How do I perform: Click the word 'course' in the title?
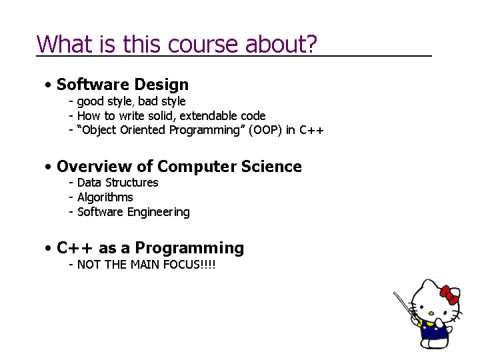pyautogui.click(x=203, y=45)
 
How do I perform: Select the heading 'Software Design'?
pyautogui.click(x=123, y=85)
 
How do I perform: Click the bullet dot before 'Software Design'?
pyautogui.click(x=48, y=85)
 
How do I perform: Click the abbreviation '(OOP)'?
pyautogui.click(x=265, y=130)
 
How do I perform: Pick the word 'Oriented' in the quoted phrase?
pyautogui.click(x=143, y=130)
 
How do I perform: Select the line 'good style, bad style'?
pyautogui.click(x=131, y=101)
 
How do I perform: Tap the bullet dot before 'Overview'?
pyautogui.click(x=48, y=167)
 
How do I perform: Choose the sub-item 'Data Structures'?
pyautogui.click(x=118, y=183)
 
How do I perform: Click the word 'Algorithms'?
pyautogui.click(x=105, y=197)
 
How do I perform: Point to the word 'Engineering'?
pyautogui.click(x=159, y=212)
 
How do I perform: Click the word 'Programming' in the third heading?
pyautogui.click(x=189, y=248)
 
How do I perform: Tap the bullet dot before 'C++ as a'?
pyautogui.click(x=48, y=248)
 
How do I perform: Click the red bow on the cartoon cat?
pyautogui.click(x=449, y=295)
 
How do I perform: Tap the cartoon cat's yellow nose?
pyautogui.click(x=431, y=313)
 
